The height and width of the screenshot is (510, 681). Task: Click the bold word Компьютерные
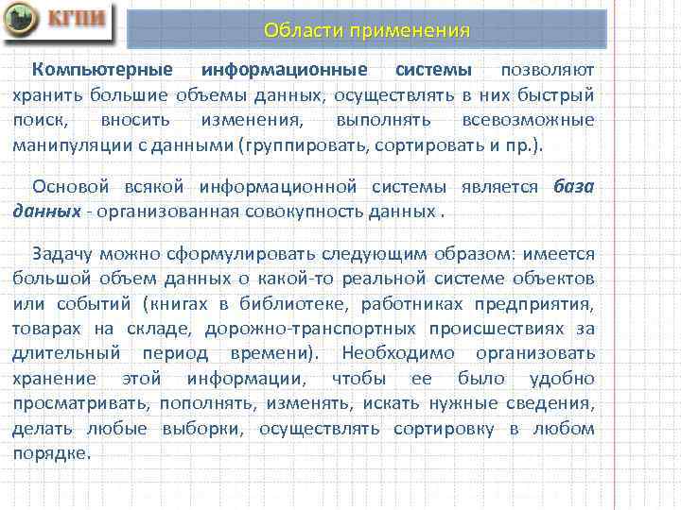(102, 70)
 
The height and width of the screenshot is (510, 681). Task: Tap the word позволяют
(548, 70)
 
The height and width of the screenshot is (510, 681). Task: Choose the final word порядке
(51, 453)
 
